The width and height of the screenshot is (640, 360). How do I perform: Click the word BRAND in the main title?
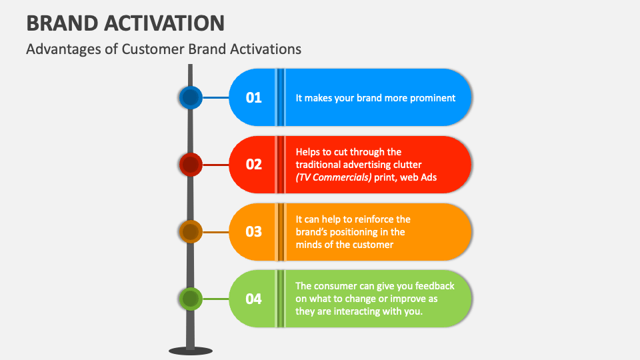coord(61,23)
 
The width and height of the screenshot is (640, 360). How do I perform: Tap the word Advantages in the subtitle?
coord(59,49)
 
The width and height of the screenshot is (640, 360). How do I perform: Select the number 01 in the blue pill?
coord(253,98)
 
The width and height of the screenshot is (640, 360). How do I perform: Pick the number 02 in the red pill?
coord(253,165)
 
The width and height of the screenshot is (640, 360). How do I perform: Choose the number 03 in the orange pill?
coord(253,232)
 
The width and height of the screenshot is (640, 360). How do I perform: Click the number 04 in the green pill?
coord(253,299)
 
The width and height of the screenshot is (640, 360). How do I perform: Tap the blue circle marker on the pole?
coord(191,98)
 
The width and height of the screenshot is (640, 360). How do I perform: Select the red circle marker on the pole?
coord(191,165)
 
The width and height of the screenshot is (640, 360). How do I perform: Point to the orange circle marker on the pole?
coord(191,232)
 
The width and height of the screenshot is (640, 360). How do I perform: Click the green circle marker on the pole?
coord(191,299)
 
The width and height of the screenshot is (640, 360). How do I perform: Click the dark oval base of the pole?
coord(191,351)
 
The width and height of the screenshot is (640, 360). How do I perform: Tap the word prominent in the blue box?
coord(431,98)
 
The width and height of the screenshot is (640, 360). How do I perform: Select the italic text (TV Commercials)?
coord(333,177)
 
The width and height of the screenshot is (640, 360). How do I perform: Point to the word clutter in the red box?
coord(406,164)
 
